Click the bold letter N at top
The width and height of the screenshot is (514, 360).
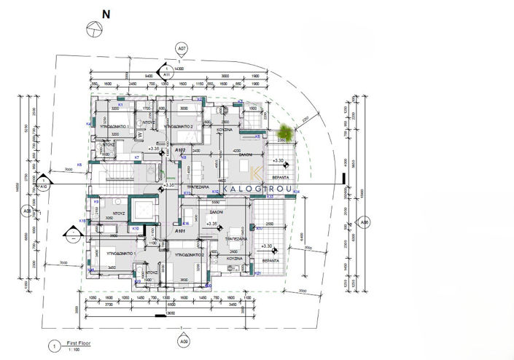(x=106, y=14)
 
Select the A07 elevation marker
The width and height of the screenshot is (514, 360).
(x=182, y=48)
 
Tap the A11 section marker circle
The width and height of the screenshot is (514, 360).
(x=166, y=73)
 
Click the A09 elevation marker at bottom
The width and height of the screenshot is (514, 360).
(x=184, y=340)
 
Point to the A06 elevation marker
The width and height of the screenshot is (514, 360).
(x=365, y=223)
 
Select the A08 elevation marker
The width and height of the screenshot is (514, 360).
(x=27, y=212)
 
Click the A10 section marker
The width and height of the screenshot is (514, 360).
(x=43, y=186)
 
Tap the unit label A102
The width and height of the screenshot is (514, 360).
(x=182, y=149)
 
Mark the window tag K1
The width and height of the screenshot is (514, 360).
(x=120, y=106)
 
